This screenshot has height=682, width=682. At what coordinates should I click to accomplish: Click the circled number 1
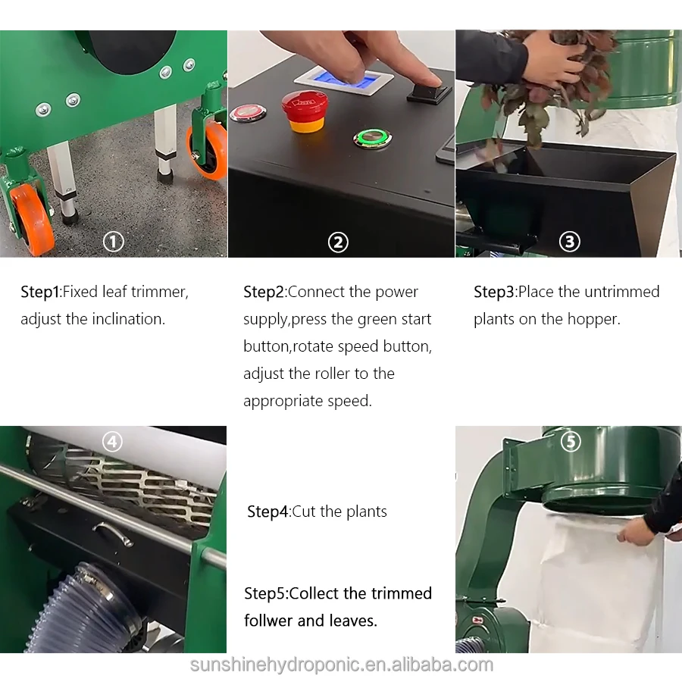[114, 242]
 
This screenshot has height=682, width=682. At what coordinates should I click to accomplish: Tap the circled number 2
[338, 242]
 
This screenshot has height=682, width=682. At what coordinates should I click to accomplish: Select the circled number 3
[569, 242]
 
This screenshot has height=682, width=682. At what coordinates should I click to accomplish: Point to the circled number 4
[112, 442]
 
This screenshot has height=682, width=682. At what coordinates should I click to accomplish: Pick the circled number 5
[571, 442]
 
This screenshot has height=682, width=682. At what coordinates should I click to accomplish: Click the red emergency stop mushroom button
[305, 111]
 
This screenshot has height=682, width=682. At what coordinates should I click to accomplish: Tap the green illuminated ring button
[372, 139]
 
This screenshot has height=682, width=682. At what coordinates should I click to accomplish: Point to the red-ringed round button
[248, 114]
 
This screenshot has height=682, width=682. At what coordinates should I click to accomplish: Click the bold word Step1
[39, 292]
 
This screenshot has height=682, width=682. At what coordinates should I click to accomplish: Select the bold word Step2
[263, 292]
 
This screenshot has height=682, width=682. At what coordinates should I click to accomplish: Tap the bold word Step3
[493, 292]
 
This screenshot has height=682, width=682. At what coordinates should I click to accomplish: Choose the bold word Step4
[267, 512]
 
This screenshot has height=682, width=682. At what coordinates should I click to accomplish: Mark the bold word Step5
[264, 593]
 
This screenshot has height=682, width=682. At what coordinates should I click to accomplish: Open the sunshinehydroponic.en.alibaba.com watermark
[342, 665]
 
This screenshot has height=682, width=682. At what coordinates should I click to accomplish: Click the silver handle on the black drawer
[113, 533]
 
